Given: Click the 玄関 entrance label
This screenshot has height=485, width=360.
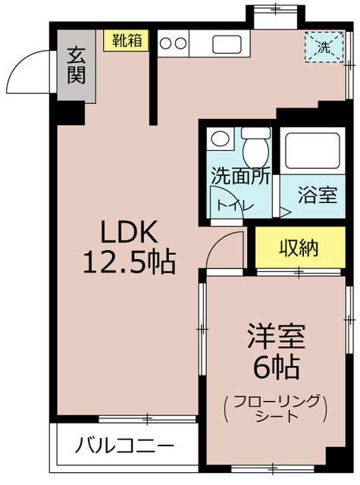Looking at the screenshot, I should (x=75, y=65).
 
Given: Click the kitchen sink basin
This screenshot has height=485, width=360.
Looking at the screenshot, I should (x=226, y=43).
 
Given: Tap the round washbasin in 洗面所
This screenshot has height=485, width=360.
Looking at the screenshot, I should (x=221, y=139).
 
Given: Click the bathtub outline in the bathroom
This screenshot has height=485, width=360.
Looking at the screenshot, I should (x=314, y=152).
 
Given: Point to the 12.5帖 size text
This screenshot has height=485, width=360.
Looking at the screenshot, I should (x=128, y=263).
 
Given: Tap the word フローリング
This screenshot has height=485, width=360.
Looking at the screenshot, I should (x=266, y=401).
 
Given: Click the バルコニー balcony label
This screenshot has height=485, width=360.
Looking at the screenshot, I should (x=124, y=445).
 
